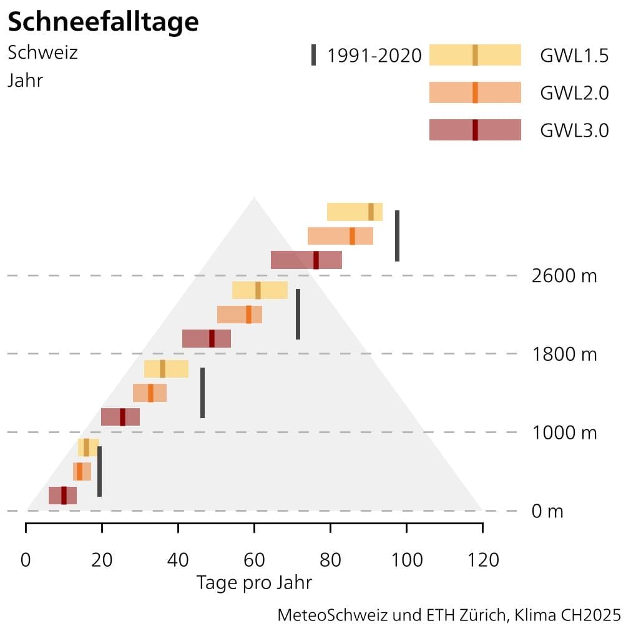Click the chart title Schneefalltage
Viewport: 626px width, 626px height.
point(103,22)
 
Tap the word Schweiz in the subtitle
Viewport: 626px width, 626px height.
point(42,52)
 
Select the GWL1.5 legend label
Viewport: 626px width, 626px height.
point(574,56)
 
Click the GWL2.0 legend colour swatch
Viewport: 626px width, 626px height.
point(475,92)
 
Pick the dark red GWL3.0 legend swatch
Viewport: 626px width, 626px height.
point(475,130)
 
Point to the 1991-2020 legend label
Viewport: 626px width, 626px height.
point(374,56)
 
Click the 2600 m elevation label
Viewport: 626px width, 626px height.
point(564,276)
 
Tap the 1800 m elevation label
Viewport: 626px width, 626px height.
point(564,355)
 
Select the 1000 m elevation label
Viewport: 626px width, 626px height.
point(564,433)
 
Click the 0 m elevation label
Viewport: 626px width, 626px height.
point(547,512)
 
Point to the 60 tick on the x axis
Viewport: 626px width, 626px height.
point(254,560)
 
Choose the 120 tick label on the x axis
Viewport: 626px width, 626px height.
point(482,560)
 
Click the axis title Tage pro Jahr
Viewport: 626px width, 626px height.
point(254,583)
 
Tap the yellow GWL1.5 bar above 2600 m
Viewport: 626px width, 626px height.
point(355,212)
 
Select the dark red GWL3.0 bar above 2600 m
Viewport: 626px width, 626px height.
point(306,260)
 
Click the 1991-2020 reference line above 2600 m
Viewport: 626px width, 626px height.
point(397,236)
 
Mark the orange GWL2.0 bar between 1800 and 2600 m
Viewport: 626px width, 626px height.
point(240,315)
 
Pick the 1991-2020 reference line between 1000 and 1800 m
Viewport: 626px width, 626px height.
point(202,393)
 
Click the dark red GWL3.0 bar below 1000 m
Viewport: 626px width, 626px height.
point(62,496)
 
